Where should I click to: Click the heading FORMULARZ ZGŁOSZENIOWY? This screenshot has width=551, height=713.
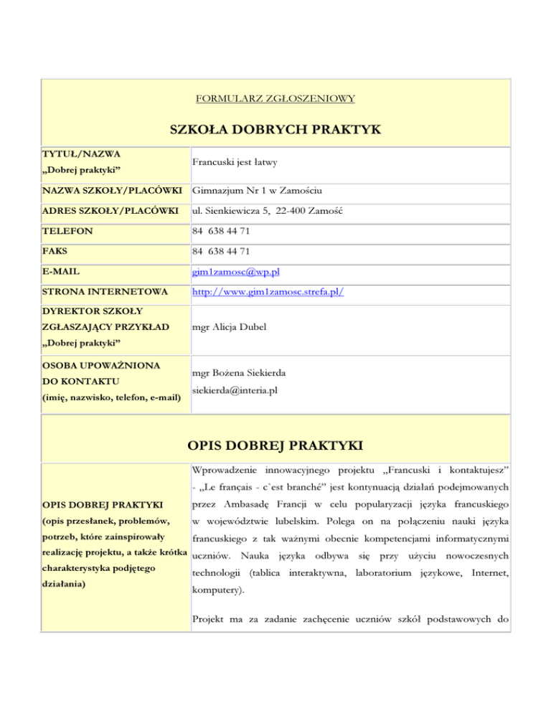pyautogui.click(x=276, y=97)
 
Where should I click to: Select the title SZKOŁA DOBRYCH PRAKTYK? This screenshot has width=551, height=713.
pyautogui.click(x=275, y=129)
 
